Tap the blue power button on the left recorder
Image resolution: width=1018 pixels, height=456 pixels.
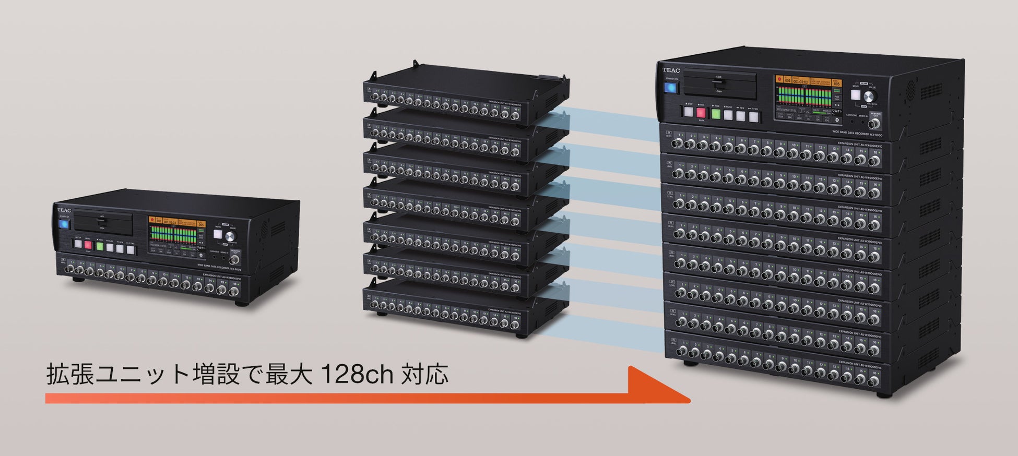tap(64, 224)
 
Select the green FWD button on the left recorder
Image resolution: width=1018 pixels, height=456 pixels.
tap(99, 246)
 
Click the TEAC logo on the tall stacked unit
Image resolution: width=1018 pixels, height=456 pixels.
tap(671, 70)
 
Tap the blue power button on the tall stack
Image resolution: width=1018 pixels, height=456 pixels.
tap(671, 87)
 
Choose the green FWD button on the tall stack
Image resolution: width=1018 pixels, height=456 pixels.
tap(715, 113)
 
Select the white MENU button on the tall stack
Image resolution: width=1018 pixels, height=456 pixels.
tap(856, 95)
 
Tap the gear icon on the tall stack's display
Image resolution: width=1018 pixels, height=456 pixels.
tap(837, 119)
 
